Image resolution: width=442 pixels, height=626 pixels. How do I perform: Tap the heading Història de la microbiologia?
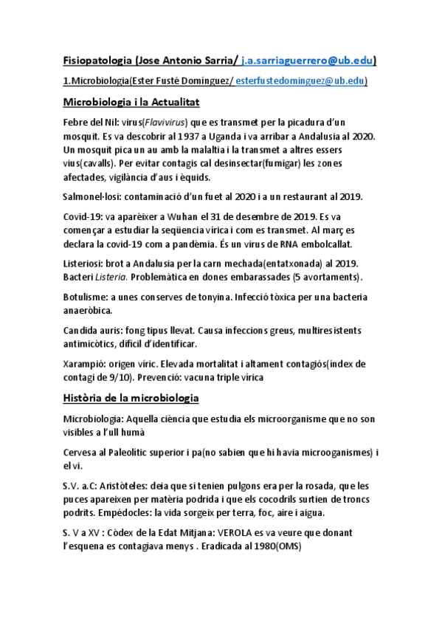coord(131,399)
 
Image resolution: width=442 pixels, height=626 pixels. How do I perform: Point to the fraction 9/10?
coord(128,378)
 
